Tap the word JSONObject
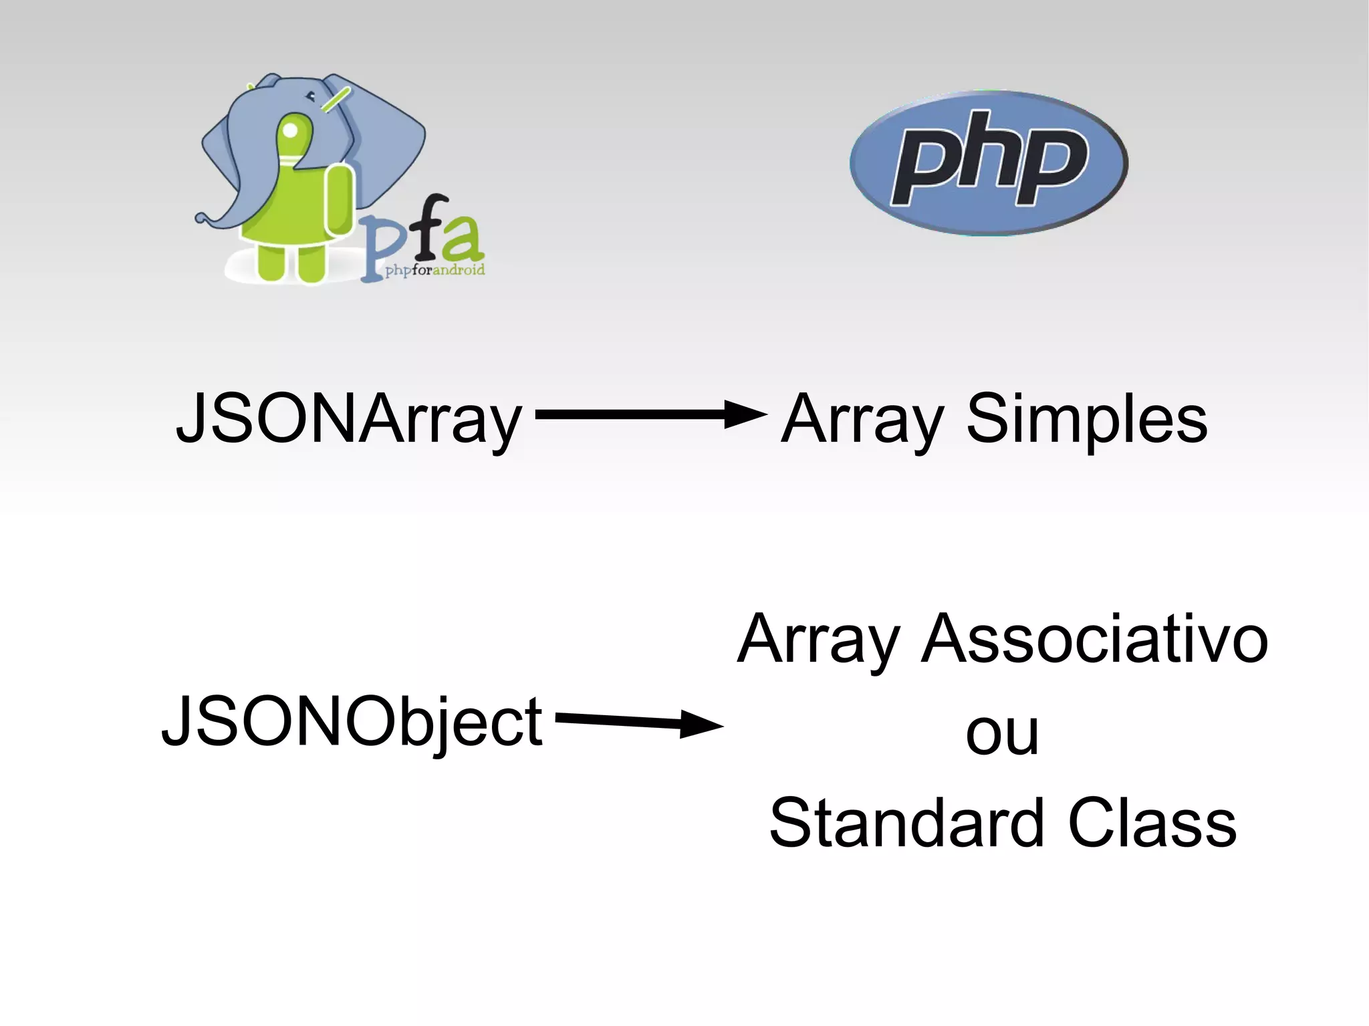[x=352, y=722]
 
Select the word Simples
[x=1087, y=420]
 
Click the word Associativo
[x=1094, y=640]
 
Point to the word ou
[x=1002, y=733]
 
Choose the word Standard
[x=906, y=823]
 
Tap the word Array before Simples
[x=862, y=420]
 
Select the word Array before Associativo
[x=818, y=640]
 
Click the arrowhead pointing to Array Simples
[x=745, y=414]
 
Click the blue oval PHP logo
[x=989, y=162]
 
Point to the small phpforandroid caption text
[x=435, y=271]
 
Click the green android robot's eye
[x=290, y=130]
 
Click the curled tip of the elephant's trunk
[x=201, y=219]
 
